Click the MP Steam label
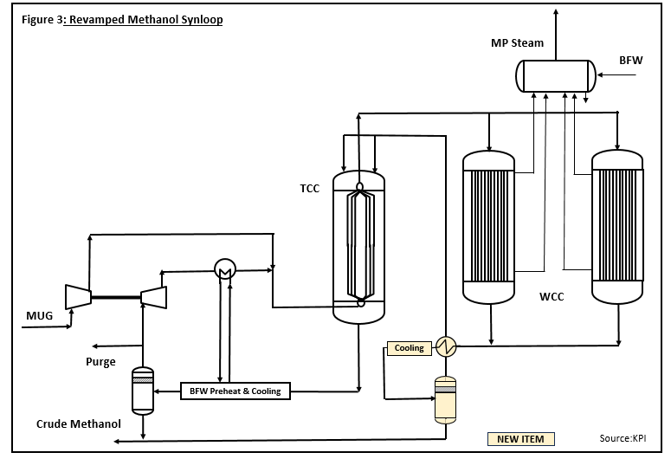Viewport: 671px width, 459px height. pyautogui.click(x=516, y=43)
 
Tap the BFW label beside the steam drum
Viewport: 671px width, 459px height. pyautogui.click(x=630, y=61)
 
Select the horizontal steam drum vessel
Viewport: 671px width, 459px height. pyautogui.click(x=556, y=76)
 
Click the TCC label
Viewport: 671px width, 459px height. pyautogui.click(x=310, y=188)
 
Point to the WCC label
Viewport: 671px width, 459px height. pyautogui.click(x=552, y=297)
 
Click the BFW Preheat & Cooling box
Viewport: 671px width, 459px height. pyautogui.click(x=235, y=391)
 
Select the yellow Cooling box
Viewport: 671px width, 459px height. pyautogui.click(x=410, y=348)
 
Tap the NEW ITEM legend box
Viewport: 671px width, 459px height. pyautogui.click(x=520, y=438)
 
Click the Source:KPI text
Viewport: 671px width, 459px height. pyautogui.click(x=623, y=438)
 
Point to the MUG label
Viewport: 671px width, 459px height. pyautogui.click(x=40, y=316)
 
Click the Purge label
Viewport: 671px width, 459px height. pyautogui.click(x=100, y=362)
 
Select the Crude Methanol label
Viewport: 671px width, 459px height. pyautogui.click(x=79, y=424)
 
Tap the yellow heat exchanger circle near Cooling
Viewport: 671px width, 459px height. pyautogui.click(x=446, y=347)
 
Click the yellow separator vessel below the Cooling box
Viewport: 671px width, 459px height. pyautogui.click(x=445, y=399)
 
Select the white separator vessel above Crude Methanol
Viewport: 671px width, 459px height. pyautogui.click(x=142, y=389)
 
